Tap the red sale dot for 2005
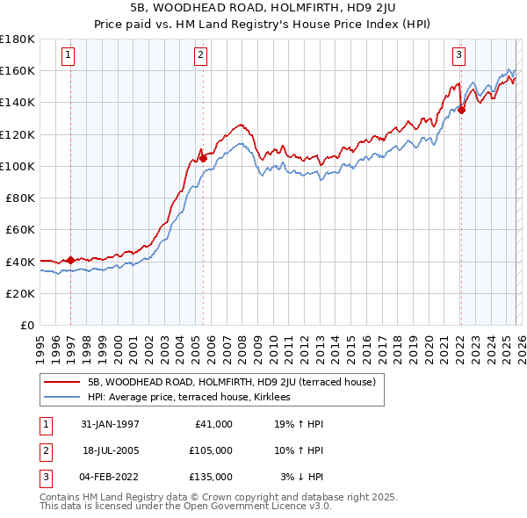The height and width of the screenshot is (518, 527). point(203,159)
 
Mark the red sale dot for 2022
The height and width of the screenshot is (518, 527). point(461,111)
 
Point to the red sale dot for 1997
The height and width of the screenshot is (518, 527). point(70,260)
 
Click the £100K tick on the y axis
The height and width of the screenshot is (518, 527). point(18,166)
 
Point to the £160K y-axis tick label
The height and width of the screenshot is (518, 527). point(18,70)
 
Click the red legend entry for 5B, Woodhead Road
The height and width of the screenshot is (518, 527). point(231,382)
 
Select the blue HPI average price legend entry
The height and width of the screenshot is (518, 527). point(194,398)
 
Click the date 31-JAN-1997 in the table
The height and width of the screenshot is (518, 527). point(108,424)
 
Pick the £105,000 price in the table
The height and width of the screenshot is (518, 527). point(211,450)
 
